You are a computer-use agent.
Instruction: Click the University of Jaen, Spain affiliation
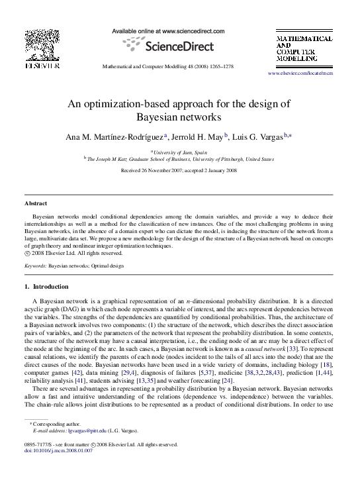[x=180, y=152]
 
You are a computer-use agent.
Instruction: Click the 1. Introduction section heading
[x=46, y=287]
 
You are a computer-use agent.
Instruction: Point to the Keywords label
[x=35, y=265]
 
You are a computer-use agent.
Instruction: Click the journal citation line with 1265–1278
[x=179, y=67]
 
